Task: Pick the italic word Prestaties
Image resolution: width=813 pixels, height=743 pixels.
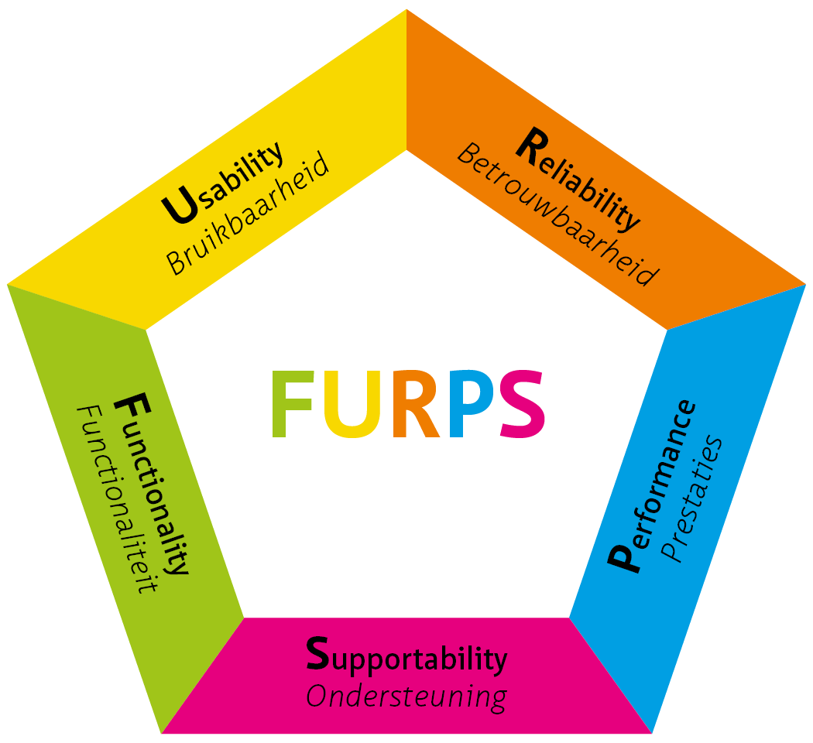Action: pyautogui.click(x=694, y=498)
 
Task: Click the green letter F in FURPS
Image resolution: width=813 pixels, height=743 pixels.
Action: pyautogui.click(x=294, y=405)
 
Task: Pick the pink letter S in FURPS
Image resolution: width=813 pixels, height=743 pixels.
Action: pyautogui.click(x=519, y=405)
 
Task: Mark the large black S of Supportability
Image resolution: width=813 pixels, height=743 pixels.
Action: pyautogui.click(x=319, y=654)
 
